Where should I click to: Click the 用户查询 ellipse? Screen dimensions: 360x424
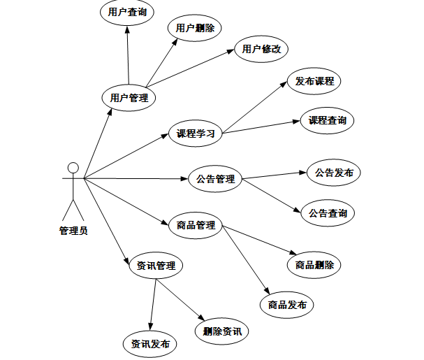coord(127,12)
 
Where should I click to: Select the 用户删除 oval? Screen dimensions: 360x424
coord(195,28)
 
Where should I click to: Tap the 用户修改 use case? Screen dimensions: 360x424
coord(261,49)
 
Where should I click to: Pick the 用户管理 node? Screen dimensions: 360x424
coord(129,98)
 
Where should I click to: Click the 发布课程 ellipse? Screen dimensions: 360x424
coord(314,81)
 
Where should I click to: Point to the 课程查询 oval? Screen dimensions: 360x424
coord(328,120)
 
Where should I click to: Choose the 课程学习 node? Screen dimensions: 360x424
coord(195,133)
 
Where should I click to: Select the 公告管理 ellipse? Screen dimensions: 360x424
coord(215,179)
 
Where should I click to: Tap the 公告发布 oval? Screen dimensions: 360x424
coord(334,172)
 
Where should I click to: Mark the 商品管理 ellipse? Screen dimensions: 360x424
coord(196,225)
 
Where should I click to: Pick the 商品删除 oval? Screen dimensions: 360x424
coord(314,265)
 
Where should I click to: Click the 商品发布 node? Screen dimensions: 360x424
coord(286,305)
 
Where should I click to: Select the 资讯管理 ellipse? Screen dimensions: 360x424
coord(156,266)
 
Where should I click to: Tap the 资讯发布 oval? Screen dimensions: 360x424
coord(149,344)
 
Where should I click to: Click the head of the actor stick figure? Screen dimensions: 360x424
coord(72,168)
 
